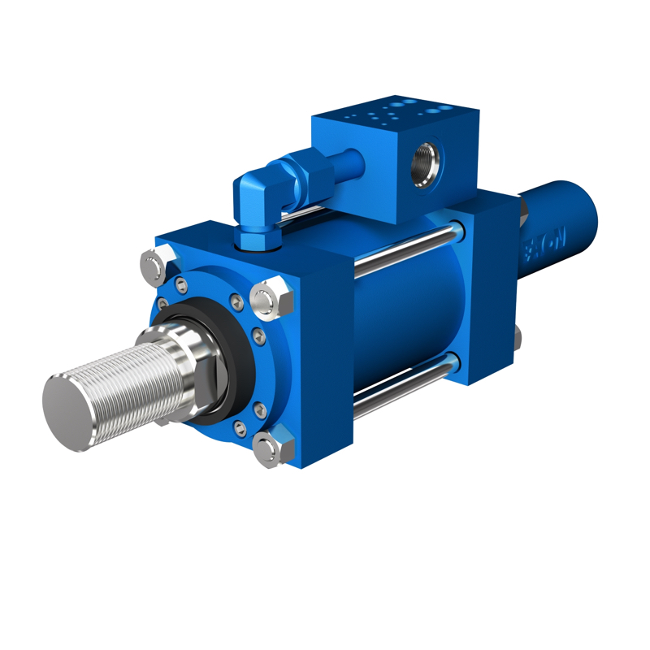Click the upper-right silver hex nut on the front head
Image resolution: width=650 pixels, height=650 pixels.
(272, 298)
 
